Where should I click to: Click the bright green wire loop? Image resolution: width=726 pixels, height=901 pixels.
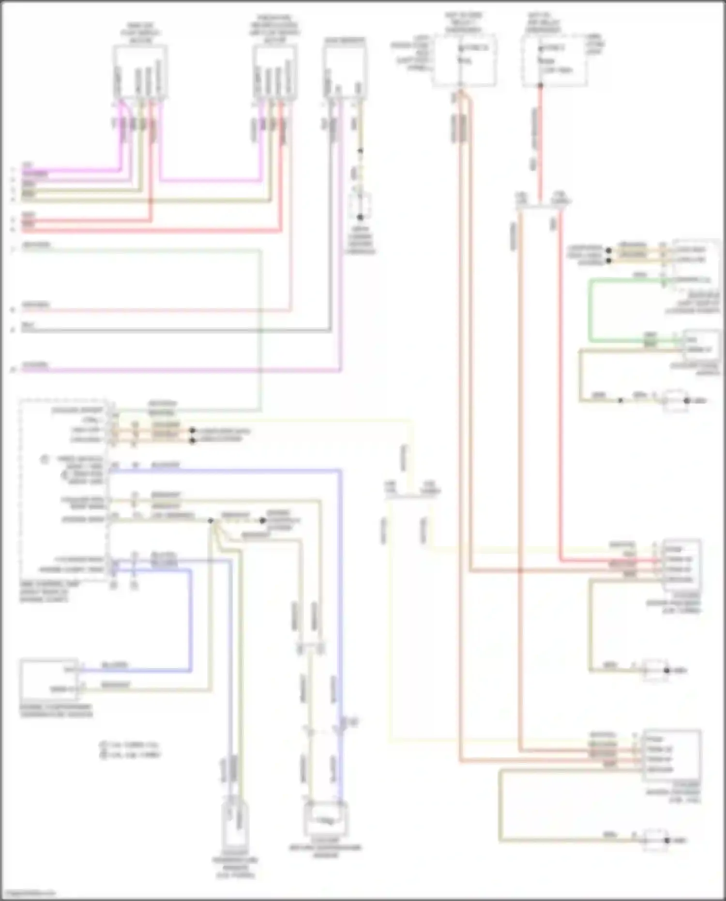click(590, 310)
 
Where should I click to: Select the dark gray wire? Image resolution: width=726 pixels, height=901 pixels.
click(174, 331)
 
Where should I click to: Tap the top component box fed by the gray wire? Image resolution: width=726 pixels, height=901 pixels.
click(344, 73)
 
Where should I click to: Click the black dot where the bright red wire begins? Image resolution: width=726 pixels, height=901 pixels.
click(541, 86)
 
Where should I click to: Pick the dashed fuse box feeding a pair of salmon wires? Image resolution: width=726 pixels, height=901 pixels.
click(464, 61)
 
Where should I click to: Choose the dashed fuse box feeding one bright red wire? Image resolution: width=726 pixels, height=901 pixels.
click(554, 61)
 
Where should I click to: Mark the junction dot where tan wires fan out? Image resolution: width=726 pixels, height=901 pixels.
click(211, 521)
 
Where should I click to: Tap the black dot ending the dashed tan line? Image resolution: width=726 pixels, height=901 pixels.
click(262, 521)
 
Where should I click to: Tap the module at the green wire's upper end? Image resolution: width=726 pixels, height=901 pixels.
click(695, 264)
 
